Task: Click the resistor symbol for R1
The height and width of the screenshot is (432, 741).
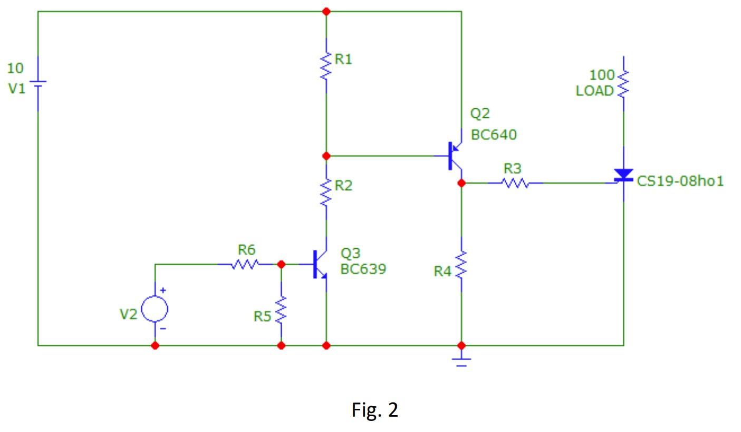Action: (326, 65)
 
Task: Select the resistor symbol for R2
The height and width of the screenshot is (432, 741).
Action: (326, 192)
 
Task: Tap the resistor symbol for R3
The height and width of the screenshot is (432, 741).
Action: (514, 183)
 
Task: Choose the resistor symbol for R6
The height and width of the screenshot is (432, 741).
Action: (245, 264)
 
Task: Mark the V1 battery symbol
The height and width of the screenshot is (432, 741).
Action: (38, 84)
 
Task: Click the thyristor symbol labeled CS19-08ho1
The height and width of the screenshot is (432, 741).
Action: (623, 176)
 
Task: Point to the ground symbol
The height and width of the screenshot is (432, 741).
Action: (461, 362)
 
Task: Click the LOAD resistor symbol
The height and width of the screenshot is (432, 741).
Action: (623, 83)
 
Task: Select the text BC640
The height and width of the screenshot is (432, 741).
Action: (494, 135)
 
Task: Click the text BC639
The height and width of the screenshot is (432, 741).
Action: (363, 269)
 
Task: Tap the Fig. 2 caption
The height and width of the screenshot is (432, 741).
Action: (374, 410)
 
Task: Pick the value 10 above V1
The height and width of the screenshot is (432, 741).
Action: (15, 68)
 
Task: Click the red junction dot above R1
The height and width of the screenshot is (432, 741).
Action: (326, 11)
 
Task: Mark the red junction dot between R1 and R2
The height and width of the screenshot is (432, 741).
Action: (326, 156)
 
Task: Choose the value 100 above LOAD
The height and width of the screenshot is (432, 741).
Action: (601, 74)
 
